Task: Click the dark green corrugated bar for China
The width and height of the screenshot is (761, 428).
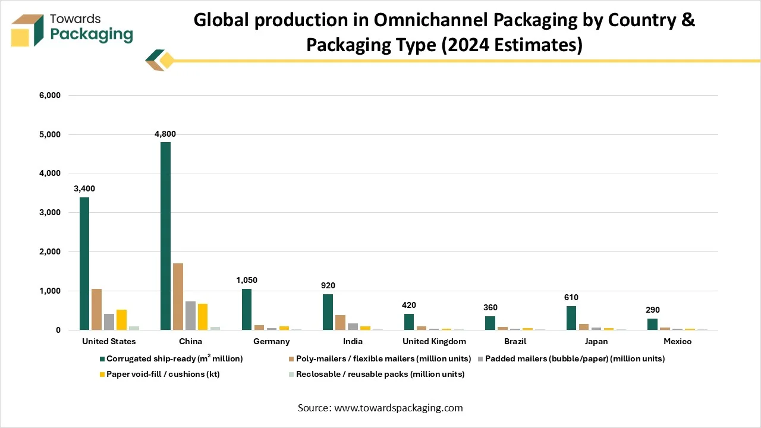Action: coord(165,236)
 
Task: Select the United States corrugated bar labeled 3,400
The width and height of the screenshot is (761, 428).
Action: coord(84,263)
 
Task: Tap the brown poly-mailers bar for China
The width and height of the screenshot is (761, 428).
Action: coord(178,297)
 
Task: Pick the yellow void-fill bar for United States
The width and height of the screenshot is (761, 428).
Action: coord(122,320)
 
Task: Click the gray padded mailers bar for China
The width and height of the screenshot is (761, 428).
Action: coord(190,316)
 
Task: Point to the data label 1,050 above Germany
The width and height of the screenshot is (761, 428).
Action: coord(247,280)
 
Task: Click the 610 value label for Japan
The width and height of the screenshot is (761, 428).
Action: coord(571,297)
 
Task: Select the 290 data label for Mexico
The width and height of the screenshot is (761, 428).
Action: coord(653,310)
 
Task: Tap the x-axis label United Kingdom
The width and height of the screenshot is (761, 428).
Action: coord(434,341)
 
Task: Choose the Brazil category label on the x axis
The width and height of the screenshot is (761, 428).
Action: coord(515,341)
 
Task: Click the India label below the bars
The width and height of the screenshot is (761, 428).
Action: coord(353,341)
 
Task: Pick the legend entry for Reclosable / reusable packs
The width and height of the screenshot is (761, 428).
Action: coord(376,374)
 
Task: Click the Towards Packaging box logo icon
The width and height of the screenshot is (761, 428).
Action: coord(27,30)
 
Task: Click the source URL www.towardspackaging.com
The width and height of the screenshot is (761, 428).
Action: coord(398,408)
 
